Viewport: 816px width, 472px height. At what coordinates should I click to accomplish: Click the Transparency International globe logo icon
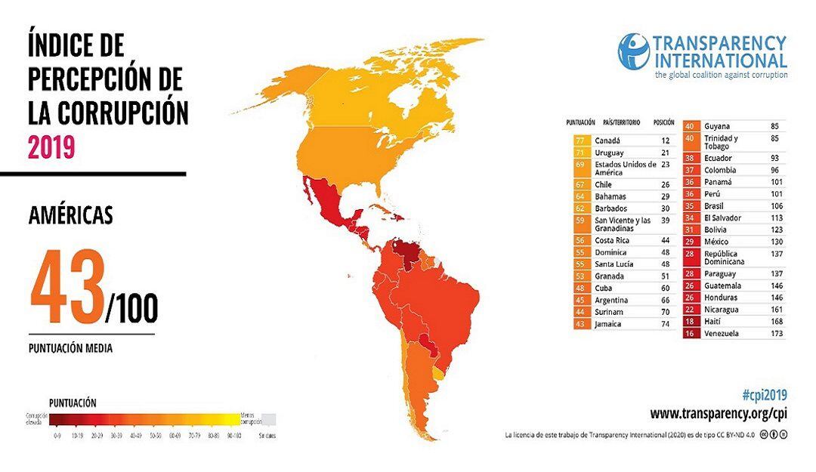[633, 51]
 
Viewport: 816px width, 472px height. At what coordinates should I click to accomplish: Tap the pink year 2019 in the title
[51, 147]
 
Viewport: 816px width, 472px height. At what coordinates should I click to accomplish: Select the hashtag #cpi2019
[764, 395]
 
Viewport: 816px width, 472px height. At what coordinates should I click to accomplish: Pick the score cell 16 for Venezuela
[689, 333]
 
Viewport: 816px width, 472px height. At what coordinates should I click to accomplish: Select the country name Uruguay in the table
[609, 153]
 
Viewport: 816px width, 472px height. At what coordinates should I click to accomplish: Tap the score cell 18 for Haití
[689, 321]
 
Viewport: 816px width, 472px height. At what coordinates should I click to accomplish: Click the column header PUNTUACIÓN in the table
[580, 122]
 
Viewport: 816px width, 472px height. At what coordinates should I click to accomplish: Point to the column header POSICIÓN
[663, 122]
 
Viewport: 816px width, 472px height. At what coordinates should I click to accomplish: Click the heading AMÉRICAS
[70, 216]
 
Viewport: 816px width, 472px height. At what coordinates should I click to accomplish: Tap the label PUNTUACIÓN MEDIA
[70, 349]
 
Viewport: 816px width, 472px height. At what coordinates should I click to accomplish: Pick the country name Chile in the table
[603, 184]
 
